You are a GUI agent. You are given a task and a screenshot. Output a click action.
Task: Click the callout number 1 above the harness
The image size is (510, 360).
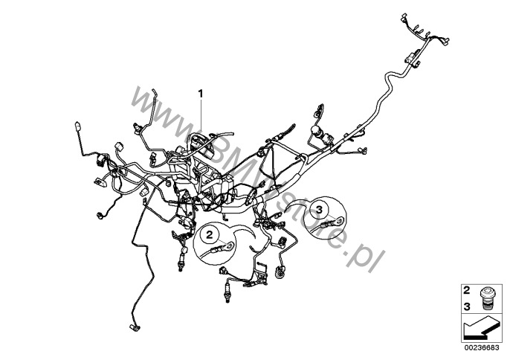201,94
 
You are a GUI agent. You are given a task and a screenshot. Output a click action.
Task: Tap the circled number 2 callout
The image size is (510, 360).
210,234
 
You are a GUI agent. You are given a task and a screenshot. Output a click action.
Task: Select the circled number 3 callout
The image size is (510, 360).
320,210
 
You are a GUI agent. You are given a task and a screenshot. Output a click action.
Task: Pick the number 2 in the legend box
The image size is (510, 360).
466,290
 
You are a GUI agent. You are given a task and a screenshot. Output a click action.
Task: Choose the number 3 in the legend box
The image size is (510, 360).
466,306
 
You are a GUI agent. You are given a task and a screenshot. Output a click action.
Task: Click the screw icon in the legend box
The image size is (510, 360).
486,298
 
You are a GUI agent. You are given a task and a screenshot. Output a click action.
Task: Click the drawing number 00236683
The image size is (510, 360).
482,347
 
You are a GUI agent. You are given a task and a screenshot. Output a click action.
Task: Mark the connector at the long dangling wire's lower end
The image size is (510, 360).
135,327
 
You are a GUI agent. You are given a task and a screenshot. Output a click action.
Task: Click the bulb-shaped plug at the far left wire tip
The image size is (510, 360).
78,126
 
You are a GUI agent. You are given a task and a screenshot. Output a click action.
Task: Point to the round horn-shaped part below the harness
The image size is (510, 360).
280,272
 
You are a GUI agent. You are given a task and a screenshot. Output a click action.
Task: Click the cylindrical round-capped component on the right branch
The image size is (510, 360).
317,130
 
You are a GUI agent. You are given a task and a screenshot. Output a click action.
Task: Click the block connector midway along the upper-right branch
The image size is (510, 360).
412,59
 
